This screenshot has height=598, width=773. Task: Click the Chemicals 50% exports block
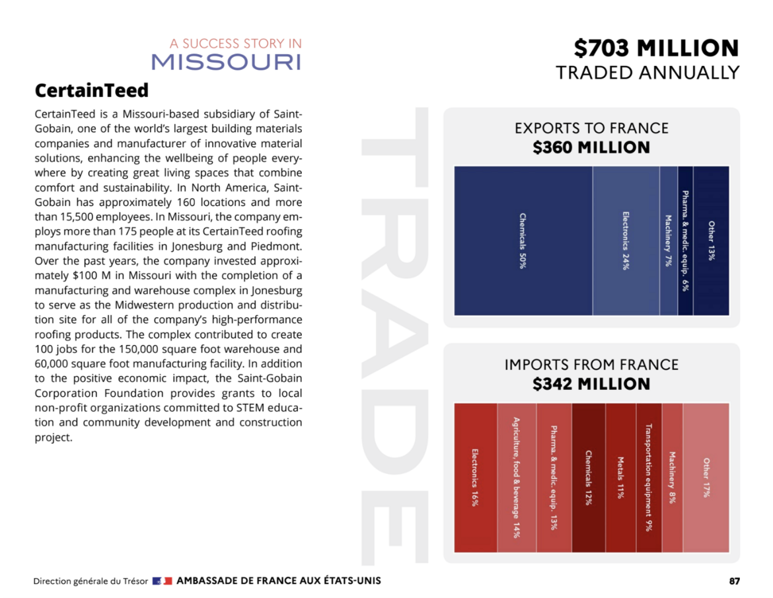tap(523, 241)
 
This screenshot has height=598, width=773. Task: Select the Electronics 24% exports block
tap(626, 241)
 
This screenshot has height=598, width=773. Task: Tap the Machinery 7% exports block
tap(669, 241)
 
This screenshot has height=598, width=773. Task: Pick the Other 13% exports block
tap(712, 241)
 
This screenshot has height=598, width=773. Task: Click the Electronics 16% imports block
tap(475, 478)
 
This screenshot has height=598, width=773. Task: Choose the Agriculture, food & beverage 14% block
tap(516, 478)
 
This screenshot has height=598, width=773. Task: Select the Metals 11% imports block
tap(620, 478)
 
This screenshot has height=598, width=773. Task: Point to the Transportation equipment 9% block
tap(649, 478)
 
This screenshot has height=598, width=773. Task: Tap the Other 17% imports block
tap(706, 478)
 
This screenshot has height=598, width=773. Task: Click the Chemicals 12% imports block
tap(588, 478)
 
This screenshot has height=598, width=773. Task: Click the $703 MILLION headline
tap(655, 48)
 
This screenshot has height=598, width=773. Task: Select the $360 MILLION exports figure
tap(591, 147)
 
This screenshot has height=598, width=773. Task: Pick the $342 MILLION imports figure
tap(591, 384)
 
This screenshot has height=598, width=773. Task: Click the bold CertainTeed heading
tap(91, 90)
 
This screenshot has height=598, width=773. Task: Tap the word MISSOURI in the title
tap(226, 62)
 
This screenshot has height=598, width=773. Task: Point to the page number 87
tap(734, 581)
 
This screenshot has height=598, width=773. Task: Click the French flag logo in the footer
tap(162, 581)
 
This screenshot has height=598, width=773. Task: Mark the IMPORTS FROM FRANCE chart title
tap(591, 365)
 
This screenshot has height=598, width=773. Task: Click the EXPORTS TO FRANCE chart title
tap(591, 128)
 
